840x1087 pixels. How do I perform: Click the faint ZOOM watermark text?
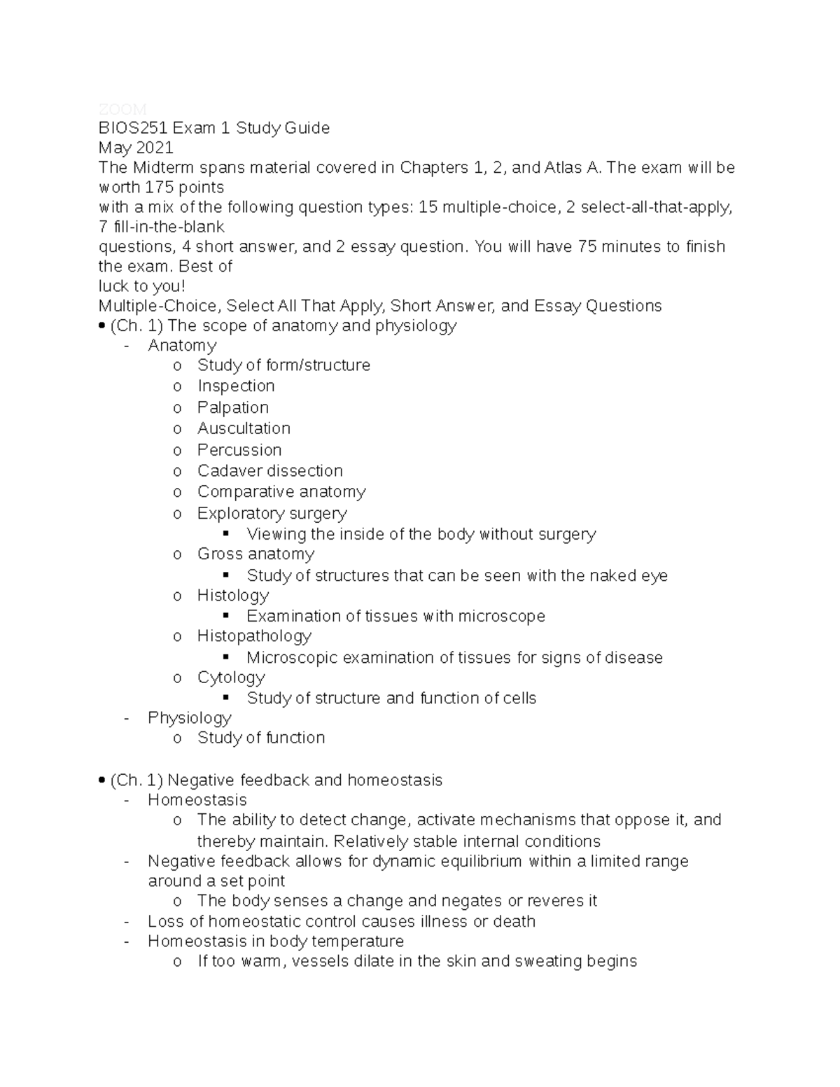click(122, 109)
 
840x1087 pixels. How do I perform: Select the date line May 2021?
click(136, 148)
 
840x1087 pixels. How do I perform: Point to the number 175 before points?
click(159, 188)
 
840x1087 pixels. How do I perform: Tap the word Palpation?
click(232, 407)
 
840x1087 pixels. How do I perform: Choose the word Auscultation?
click(244, 428)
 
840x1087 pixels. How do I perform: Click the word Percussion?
click(239, 450)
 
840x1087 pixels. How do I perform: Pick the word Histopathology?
click(254, 636)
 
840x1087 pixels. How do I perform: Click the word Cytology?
click(231, 678)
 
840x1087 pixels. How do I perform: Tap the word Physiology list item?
click(189, 718)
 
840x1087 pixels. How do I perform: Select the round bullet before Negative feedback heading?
click(103, 780)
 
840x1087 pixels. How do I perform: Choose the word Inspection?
click(236, 386)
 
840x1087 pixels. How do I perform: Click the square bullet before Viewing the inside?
click(226, 534)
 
